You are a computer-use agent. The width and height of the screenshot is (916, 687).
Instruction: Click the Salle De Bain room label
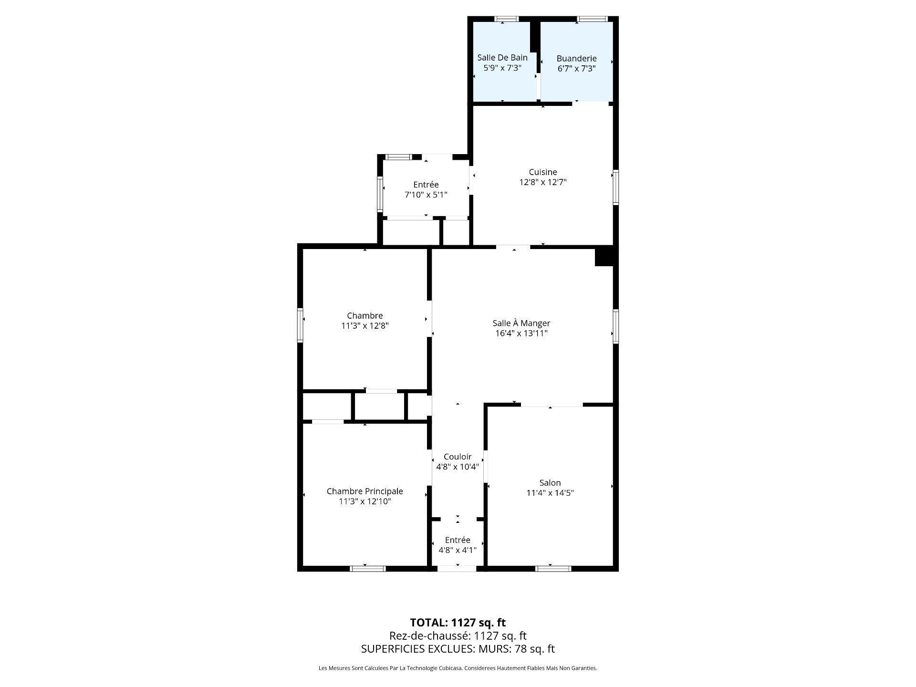click(502, 58)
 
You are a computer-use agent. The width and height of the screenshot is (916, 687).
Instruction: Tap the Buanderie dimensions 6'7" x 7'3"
click(576, 69)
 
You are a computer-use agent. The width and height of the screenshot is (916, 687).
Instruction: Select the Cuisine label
click(542, 172)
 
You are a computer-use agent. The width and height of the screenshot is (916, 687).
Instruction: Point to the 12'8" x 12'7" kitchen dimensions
click(542, 182)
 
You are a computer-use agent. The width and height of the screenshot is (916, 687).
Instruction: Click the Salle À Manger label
click(521, 323)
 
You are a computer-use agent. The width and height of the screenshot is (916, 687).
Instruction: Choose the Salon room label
click(550, 483)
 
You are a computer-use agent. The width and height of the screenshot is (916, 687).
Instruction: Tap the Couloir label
click(457, 457)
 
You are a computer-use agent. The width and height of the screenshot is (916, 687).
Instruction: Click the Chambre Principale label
click(364, 491)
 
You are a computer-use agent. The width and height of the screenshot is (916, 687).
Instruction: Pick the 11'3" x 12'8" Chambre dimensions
click(364, 326)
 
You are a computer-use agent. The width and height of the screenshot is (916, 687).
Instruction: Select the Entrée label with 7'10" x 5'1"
click(426, 185)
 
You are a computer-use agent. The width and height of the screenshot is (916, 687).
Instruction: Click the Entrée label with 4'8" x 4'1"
click(457, 540)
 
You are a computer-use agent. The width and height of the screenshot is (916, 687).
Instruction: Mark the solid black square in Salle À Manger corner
click(604, 257)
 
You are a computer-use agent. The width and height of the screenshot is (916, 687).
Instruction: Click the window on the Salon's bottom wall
click(553, 568)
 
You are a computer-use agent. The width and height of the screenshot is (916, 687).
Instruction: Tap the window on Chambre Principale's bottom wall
click(368, 568)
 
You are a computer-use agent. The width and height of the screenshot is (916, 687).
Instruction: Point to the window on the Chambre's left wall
click(301, 325)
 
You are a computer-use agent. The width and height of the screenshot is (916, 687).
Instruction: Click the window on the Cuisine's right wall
click(615, 187)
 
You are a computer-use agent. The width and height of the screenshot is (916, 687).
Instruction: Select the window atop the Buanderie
click(592, 19)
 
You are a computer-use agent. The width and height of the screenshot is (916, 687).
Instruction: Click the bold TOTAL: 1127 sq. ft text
click(458, 623)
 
